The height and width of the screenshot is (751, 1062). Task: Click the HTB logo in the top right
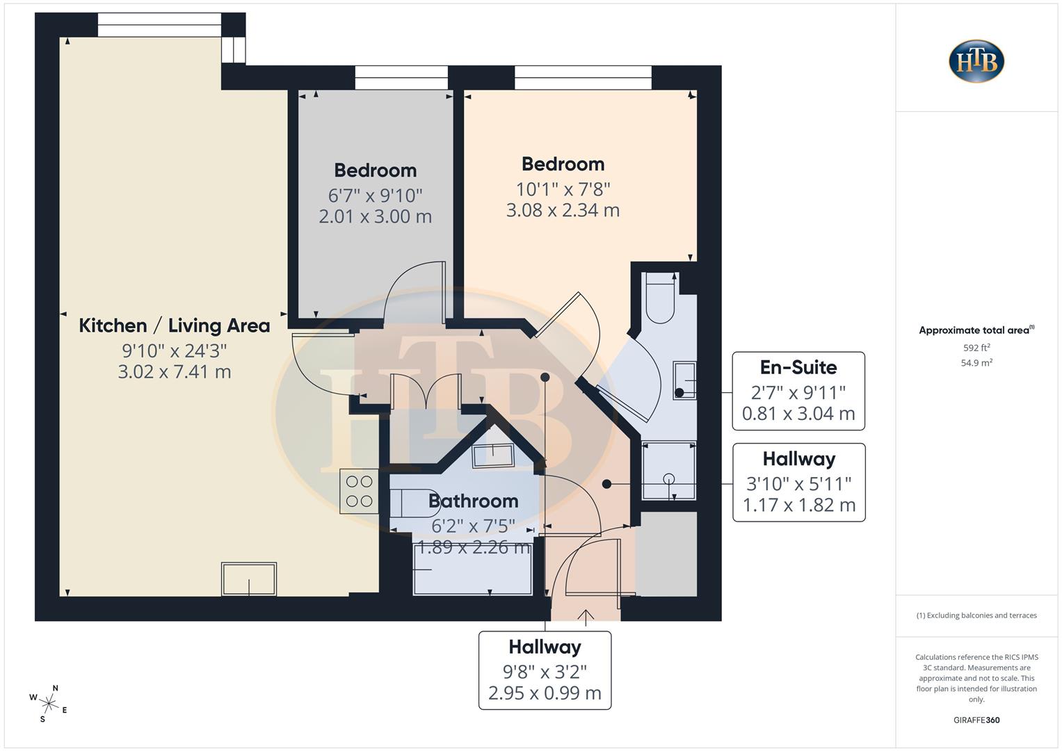coord(976,61)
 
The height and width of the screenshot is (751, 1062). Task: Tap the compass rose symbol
coord(49,702)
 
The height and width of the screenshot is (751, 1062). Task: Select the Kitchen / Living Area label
coord(174,325)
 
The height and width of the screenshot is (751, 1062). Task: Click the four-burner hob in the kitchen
coord(359,491)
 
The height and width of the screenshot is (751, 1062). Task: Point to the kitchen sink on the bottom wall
coord(249,579)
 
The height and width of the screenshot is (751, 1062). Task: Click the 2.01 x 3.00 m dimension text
coord(375,216)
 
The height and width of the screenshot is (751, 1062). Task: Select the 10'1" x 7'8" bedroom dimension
coord(563,188)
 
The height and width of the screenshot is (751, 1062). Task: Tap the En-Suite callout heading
coord(798,367)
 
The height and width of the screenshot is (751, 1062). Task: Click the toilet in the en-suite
coord(659,299)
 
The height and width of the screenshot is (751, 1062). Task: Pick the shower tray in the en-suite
coord(668,471)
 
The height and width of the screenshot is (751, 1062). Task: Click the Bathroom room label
coord(473,501)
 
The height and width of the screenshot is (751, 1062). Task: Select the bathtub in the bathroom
coord(472,570)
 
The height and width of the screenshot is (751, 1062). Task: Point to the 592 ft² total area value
coord(976,348)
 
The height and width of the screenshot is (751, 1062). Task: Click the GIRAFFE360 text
coord(976,720)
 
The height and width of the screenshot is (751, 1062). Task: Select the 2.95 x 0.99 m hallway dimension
coord(545,693)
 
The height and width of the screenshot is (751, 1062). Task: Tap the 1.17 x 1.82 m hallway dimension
coord(798,505)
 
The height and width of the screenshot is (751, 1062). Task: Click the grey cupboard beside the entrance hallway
coord(666,554)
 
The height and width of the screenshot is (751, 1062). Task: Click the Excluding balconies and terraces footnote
coord(976,615)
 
